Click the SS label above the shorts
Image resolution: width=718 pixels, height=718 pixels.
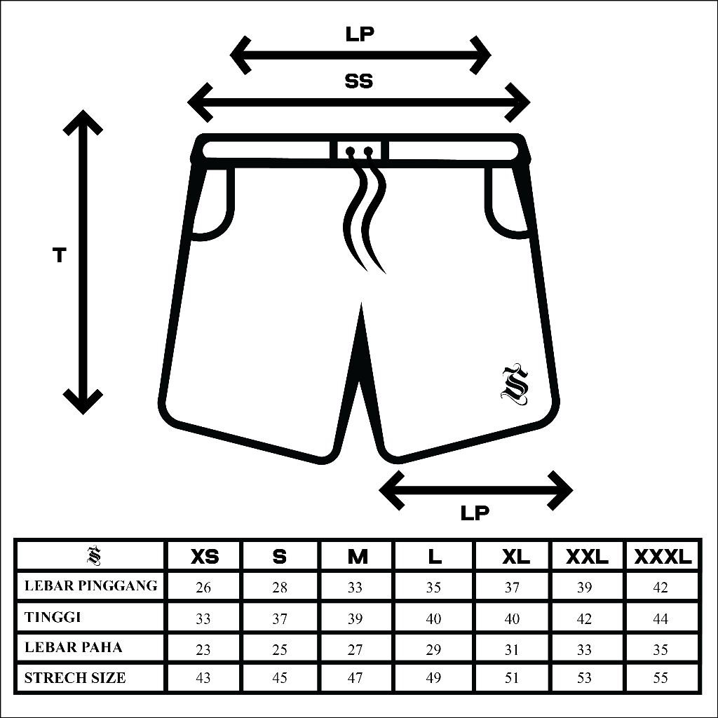click(358, 81)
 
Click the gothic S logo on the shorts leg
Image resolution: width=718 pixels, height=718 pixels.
click(515, 384)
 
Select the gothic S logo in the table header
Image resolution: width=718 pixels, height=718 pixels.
click(93, 556)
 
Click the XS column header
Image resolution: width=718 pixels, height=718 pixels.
click(204, 557)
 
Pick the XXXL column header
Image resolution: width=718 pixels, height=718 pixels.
click(663, 557)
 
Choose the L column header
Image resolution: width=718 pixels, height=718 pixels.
click(435, 557)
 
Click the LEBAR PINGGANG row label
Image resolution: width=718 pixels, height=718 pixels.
click(91, 585)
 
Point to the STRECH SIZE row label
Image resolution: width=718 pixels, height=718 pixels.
click(76, 678)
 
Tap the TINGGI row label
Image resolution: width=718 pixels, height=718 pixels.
click(53, 617)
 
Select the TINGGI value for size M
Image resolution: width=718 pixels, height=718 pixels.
click(355, 618)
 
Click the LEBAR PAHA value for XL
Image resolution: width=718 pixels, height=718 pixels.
click(512, 649)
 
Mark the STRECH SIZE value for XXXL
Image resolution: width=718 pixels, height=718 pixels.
click(661, 678)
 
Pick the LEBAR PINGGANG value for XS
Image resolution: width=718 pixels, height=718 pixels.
click(203, 588)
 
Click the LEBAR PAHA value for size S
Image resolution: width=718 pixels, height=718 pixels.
click(280, 649)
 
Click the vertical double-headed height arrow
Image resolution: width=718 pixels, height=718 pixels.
click(83, 261)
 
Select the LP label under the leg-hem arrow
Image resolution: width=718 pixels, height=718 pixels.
click(475, 513)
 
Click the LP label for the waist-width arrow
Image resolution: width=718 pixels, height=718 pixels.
click(360, 35)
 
